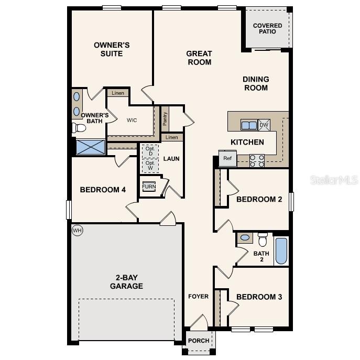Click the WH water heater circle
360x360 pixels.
[x=77, y=230]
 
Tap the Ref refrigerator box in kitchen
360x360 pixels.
[x=227, y=158]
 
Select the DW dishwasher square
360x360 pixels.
[x=264, y=125]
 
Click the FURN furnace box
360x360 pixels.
[x=149, y=187]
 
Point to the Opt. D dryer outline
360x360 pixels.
[x=150, y=151]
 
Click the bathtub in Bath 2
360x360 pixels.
[x=281, y=251]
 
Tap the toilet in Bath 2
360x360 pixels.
[x=263, y=239]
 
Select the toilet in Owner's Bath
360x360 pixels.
[x=80, y=128]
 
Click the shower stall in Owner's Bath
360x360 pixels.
[x=91, y=147]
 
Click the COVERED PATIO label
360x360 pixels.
[x=267, y=28]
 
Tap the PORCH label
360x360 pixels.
[x=199, y=341]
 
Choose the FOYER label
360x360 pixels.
[x=199, y=297]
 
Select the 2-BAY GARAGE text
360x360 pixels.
[x=126, y=282]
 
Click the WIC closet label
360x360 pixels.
[x=132, y=120]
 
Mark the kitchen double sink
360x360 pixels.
[x=249, y=125]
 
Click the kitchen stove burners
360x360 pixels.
[x=257, y=160]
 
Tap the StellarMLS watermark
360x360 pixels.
[x=334, y=180]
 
